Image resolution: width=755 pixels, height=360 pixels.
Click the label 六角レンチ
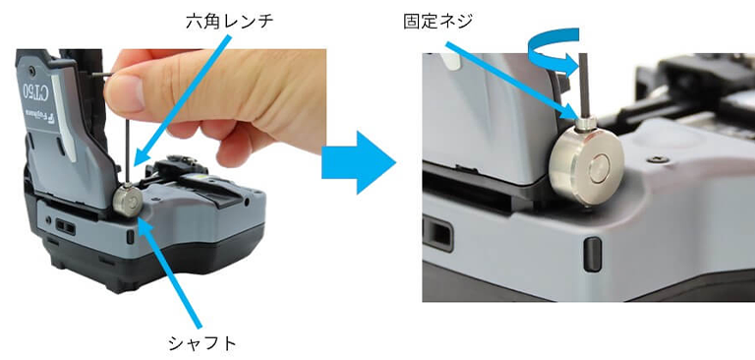pos(229,22)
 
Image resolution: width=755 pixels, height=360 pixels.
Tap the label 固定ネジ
pos(438,21)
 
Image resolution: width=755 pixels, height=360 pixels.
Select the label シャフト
pos(203,343)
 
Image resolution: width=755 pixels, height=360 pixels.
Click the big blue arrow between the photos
pos(358,162)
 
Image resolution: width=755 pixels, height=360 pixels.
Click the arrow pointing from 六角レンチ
pos(182,100)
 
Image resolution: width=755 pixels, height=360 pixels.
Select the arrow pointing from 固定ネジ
pos(513,81)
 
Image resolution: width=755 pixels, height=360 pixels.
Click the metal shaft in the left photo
pos(128,201)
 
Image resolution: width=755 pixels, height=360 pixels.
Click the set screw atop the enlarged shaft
pos(586,124)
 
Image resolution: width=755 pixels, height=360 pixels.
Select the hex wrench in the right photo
pos(584,86)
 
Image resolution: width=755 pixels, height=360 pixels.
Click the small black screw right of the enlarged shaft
pos(657,159)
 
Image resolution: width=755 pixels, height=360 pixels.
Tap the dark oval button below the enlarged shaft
pos(592,255)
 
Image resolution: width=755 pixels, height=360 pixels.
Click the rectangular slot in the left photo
pos(66,226)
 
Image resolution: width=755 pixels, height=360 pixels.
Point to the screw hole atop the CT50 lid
pos(31,72)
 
